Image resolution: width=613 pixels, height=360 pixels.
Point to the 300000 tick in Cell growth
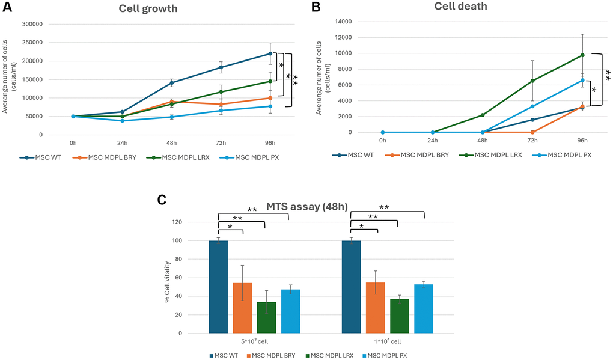click(x=35, y=24)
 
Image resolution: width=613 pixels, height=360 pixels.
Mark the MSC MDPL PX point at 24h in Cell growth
click(x=122, y=121)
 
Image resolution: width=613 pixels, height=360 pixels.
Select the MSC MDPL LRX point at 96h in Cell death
click(x=582, y=55)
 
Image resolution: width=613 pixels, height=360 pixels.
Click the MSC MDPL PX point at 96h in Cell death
click(x=582, y=80)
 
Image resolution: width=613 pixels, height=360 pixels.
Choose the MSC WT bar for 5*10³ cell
click(x=218, y=287)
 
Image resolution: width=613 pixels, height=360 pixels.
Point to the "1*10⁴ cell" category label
click(x=388, y=341)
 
